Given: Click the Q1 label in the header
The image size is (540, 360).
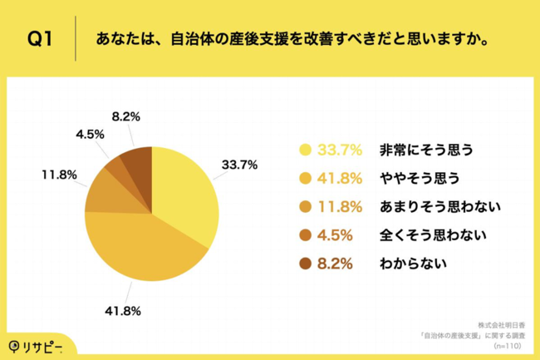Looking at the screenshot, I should click(39, 39).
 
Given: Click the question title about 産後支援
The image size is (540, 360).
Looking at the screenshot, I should click(292, 39).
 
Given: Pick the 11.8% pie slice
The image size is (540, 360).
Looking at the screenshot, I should click(104, 193).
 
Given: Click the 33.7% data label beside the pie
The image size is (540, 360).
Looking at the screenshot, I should click(238, 165).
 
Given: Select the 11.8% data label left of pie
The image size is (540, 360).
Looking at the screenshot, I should click(61, 175).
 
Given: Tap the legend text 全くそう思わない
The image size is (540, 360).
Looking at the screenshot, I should click(430, 235).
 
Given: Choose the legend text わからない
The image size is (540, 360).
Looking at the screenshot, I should click(412, 264).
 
